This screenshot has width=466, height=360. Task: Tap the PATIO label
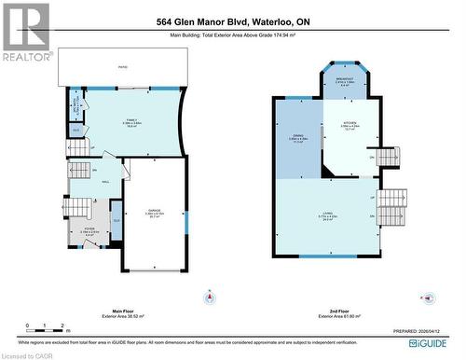coord(121,67)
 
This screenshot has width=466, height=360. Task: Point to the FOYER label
coord(89,230)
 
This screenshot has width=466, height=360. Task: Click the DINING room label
coord(299,141)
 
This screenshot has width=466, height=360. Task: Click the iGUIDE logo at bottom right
coord(433,344)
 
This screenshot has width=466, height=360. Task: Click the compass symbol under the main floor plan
coord(210,298)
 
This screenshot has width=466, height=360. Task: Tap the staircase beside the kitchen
coord(390,157)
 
